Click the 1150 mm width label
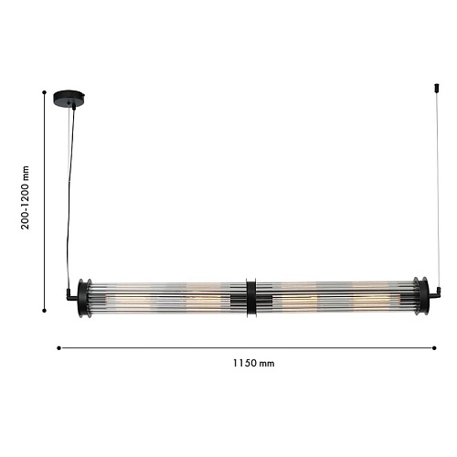pos(254,363)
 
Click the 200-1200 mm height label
pos(25,197)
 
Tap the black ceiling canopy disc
pos(69,98)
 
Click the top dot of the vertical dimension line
pos(44,92)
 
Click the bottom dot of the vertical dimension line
pos(44,311)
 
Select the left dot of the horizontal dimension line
pos(58,348)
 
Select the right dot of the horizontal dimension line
pos(434,348)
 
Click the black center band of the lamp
pos(251,298)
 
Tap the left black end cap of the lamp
pos(82,298)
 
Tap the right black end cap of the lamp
pos(422,297)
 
